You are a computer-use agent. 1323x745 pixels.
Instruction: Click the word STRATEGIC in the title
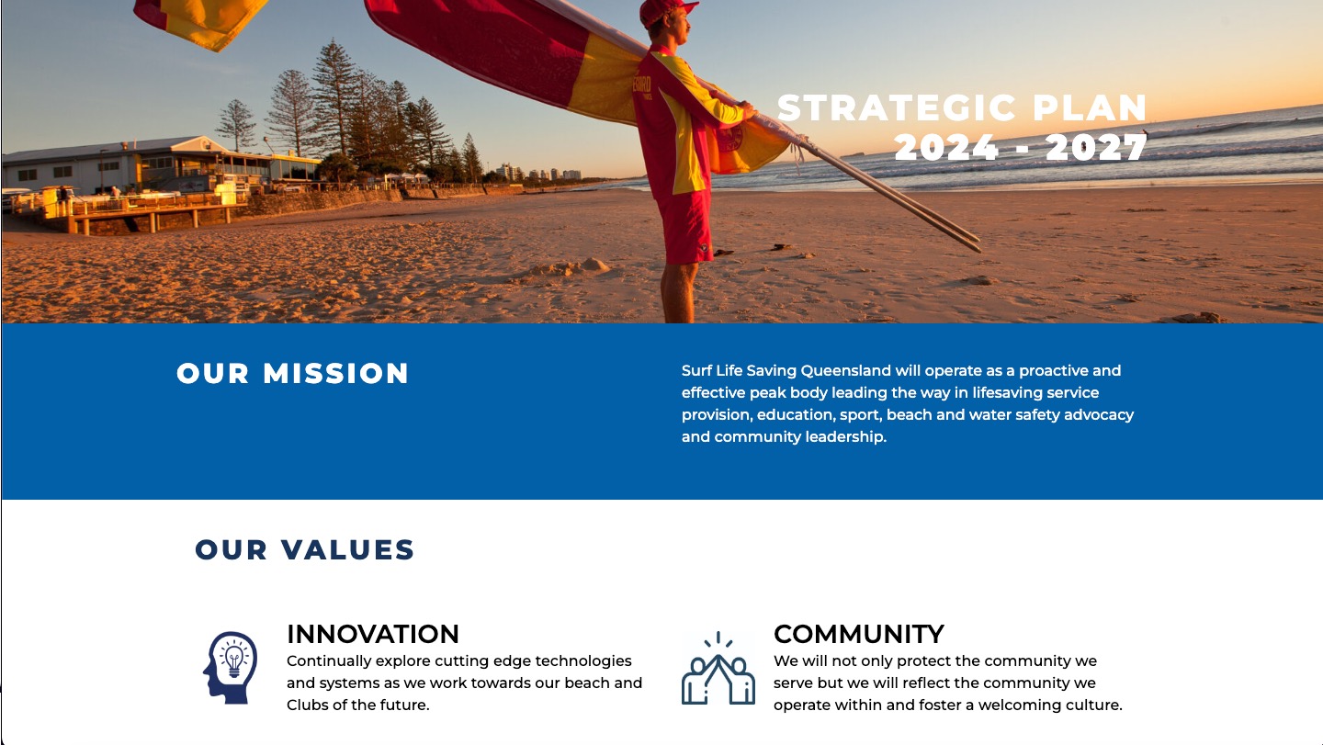[x=897, y=108]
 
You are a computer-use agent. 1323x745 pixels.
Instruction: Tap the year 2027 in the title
[x=1096, y=147]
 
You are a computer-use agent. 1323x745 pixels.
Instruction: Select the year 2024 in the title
[x=945, y=147]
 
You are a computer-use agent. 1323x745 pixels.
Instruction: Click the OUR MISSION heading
[x=292, y=374]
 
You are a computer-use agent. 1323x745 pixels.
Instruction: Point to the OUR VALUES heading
[x=305, y=549]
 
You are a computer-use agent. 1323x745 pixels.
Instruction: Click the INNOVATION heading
[x=373, y=634]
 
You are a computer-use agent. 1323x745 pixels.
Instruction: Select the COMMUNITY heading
[x=859, y=634]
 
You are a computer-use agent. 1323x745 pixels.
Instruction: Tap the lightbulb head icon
[x=230, y=668]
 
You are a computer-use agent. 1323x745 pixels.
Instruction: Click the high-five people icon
[x=718, y=668]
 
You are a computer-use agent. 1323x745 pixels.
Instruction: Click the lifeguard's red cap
[x=666, y=10]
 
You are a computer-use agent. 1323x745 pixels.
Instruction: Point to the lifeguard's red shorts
[x=685, y=227]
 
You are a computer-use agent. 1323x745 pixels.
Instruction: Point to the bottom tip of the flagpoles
[x=979, y=247]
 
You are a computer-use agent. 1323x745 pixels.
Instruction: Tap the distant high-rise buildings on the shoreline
[x=537, y=173]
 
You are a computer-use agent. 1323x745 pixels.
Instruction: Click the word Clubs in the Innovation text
[x=305, y=705]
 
